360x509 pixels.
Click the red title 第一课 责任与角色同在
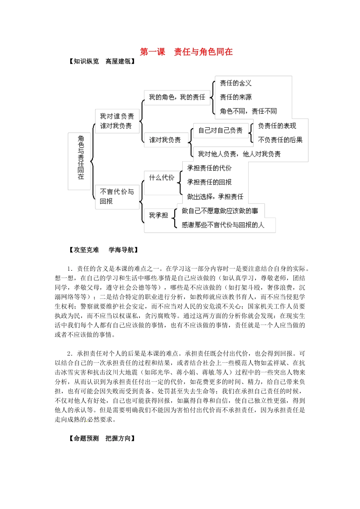click(x=186, y=52)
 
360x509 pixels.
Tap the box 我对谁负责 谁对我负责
click(x=117, y=121)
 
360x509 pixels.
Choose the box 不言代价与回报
click(x=117, y=197)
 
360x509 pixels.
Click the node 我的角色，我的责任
click(x=177, y=97)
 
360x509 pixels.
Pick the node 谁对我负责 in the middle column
click(x=165, y=140)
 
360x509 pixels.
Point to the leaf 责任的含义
click(x=236, y=83)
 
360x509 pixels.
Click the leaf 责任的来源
click(x=236, y=97)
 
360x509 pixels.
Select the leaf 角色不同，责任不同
click(x=248, y=111)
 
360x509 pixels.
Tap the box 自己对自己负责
click(x=220, y=131)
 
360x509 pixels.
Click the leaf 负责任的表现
click(x=277, y=126)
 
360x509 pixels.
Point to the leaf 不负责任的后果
click(x=280, y=140)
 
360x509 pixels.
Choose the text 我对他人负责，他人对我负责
click(x=239, y=154)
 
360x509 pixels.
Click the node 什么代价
click(x=162, y=178)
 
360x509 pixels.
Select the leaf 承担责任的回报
click(x=209, y=182)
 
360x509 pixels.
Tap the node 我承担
click(x=158, y=215)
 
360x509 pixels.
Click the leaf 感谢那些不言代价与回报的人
click(x=223, y=225)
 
